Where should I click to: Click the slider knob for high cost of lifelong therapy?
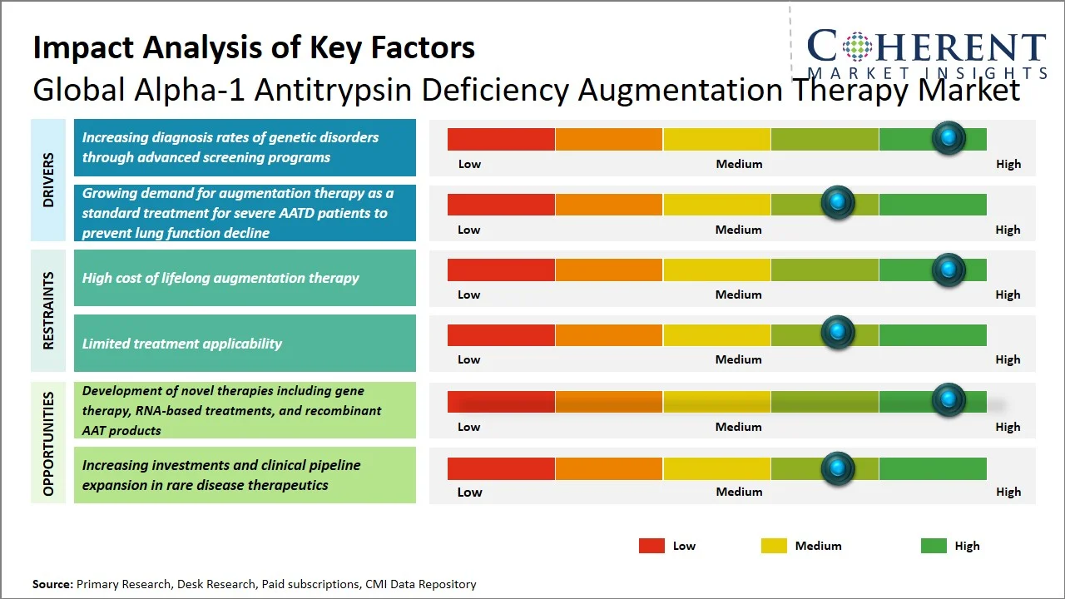pyautogui.click(x=948, y=270)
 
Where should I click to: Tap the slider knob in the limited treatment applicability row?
pyautogui.click(x=838, y=333)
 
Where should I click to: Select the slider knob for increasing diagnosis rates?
pyautogui.click(x=948, y=137)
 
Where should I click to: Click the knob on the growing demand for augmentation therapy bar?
pyautogui.click(x=838, y=202)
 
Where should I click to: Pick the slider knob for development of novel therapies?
pyautogui.click(x=948, y=399)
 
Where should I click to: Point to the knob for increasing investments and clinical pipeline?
pyautogui.click(x=838, y=468)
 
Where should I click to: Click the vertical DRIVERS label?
pyautogui.click(x=48, y=180)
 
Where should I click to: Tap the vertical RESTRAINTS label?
pyautogui.click(x=48, y=310)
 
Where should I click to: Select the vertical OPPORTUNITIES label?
pyautogui.click(x=48, y=443)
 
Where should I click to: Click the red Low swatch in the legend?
pyautogui.click(x=651, y=546)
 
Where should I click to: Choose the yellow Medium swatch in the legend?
pyautogui.click(x=774, y=546)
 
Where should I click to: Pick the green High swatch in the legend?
pyautogui.click(x=934, y=546)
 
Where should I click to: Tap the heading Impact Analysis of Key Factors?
pyautogui.click(x=254, y=47)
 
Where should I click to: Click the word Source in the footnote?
pyautogui.click(x=52, y=584)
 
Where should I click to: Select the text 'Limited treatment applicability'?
pyautogui.click(x=181, y=344)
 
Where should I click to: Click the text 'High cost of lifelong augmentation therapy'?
pyautogui.click(x=220, y=278)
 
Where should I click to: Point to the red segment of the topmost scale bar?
pyautogui.click(x=501, y=139)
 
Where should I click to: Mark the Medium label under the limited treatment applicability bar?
pyautogui.click(x=739, y=359)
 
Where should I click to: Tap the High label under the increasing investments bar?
pyautogui.click(x=1008, y=492)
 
